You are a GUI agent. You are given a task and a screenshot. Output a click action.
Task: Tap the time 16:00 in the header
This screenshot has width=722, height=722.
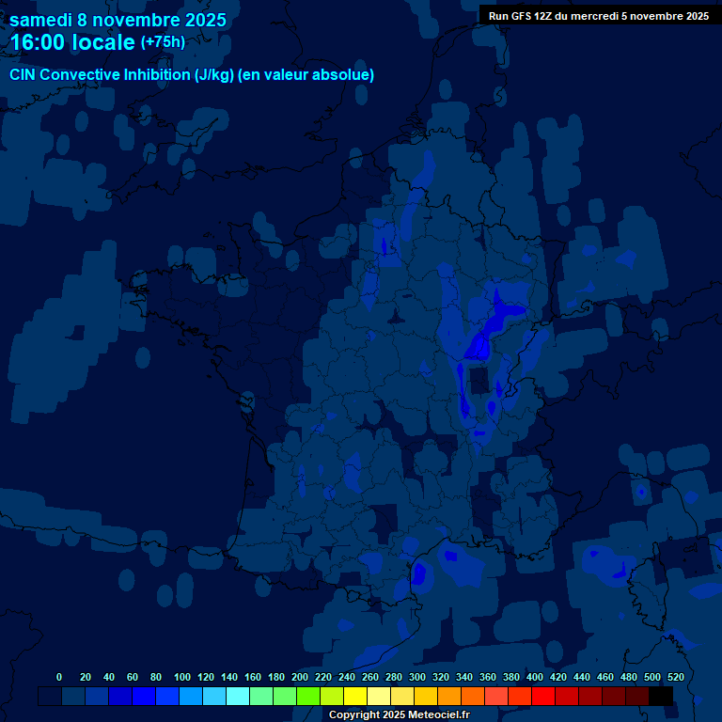40,42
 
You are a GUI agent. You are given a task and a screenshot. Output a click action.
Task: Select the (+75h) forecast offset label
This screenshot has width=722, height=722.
163,42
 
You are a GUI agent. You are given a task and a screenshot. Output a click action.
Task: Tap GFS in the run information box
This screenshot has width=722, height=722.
522,16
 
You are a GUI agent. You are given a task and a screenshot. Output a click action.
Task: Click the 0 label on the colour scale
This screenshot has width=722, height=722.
59,677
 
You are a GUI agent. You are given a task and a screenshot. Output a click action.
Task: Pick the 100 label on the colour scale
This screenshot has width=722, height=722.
182,677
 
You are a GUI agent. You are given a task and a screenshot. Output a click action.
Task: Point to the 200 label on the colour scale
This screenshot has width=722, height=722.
300,677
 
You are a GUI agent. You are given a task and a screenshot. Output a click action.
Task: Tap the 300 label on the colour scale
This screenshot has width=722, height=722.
417,677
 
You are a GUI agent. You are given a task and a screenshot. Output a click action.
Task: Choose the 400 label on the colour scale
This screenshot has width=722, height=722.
535,677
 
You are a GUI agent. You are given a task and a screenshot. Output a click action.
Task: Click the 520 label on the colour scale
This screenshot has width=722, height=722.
675,677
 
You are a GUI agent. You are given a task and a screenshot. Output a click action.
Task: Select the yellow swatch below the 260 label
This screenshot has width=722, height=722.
355,696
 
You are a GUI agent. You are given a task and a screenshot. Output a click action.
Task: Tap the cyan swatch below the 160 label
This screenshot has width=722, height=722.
238,696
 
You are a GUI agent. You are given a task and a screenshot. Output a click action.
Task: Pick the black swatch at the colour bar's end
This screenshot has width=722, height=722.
661,696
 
